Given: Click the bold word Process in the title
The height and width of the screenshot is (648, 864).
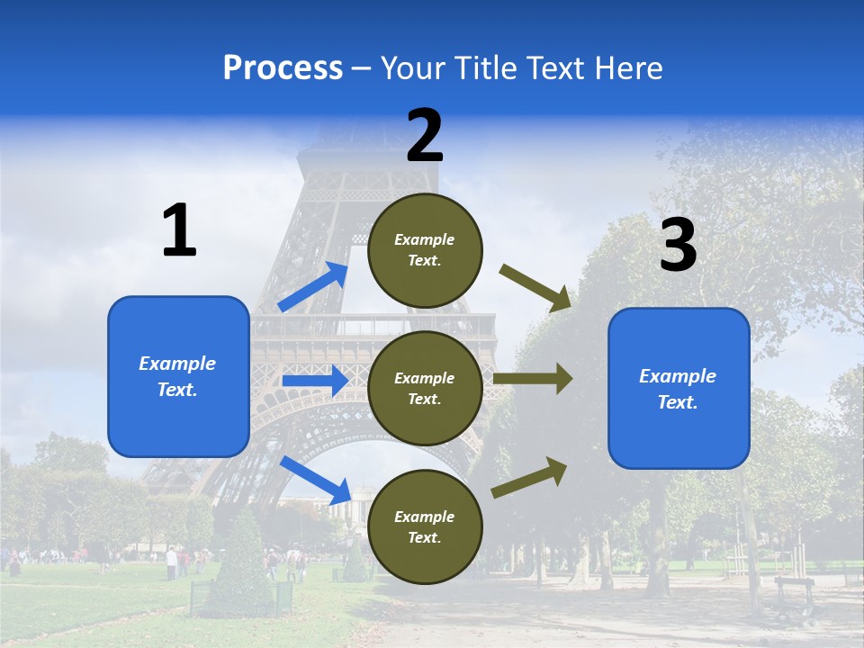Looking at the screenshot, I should click(x=283, y=67).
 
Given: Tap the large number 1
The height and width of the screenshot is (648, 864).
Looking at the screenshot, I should click(x=179, y=230).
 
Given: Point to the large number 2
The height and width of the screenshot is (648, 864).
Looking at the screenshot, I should click(x=425, y=136).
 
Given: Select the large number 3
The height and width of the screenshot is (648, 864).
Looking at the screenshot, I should click(x=678, y=246).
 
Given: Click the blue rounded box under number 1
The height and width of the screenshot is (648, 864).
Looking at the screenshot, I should click(x=178, y=376).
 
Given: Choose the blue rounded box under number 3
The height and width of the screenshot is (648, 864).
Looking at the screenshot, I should click(x=679, y=388).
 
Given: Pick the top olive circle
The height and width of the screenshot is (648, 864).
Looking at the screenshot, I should click(x=425, y=250).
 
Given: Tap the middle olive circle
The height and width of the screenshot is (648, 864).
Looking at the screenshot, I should click(x=425, y=388).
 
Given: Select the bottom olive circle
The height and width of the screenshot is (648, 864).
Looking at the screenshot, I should click(x=425, y=526).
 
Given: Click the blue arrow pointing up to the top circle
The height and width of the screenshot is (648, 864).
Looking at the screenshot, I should click(x=313, y=287).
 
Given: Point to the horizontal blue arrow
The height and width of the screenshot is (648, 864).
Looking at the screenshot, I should click(x=315, y=381).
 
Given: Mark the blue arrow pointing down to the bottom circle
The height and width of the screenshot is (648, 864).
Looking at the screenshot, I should click(x=316, y=480).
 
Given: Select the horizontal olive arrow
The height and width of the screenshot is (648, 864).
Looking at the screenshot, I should click(x=533, y=378).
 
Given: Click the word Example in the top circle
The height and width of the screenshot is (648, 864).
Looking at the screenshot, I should click(x=425, y=239).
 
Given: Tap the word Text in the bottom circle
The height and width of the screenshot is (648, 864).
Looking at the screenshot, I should click(x=424, y=537).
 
